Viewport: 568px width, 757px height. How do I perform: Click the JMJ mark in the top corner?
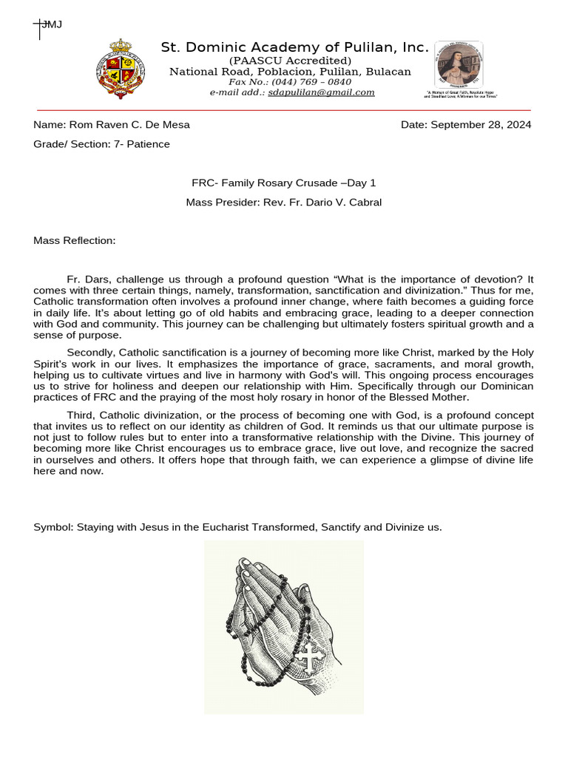(51, 24)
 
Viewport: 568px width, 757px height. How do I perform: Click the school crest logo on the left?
(121, 69)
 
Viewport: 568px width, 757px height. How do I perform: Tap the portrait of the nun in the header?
(459, 65)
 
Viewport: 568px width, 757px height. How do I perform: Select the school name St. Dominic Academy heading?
(294, 48)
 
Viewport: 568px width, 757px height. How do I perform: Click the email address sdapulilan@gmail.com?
(321, 92)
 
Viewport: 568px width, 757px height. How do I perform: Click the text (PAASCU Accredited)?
(290, 61)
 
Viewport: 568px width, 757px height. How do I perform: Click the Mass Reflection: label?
(75, 240)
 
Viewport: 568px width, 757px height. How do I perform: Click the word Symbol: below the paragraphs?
(52, 527)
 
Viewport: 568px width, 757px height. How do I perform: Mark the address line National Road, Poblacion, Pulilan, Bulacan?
(290, 72)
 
